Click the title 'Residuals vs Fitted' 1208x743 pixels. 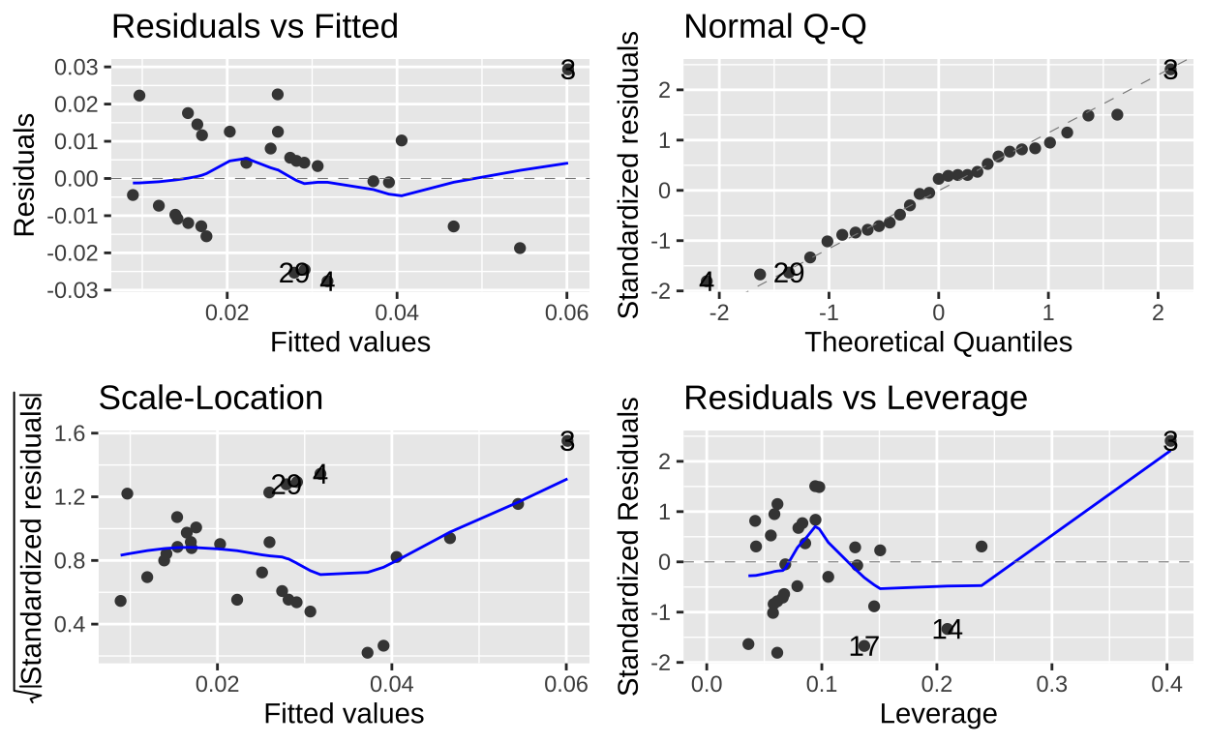(255, 27)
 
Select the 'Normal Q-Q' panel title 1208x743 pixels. (774, 27)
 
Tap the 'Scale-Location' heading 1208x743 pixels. (211, 398)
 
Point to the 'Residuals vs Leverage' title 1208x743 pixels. (856, 398)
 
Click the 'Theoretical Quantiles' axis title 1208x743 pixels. (938, 342)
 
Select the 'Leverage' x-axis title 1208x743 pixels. (938, 713)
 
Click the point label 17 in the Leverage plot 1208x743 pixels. (863, 646)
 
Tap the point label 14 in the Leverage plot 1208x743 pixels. (948, 630)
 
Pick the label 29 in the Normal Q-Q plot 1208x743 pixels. (789, 274)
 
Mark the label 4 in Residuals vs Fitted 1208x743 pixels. (327, 282)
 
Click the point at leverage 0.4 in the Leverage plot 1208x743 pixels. (1169, 443)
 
